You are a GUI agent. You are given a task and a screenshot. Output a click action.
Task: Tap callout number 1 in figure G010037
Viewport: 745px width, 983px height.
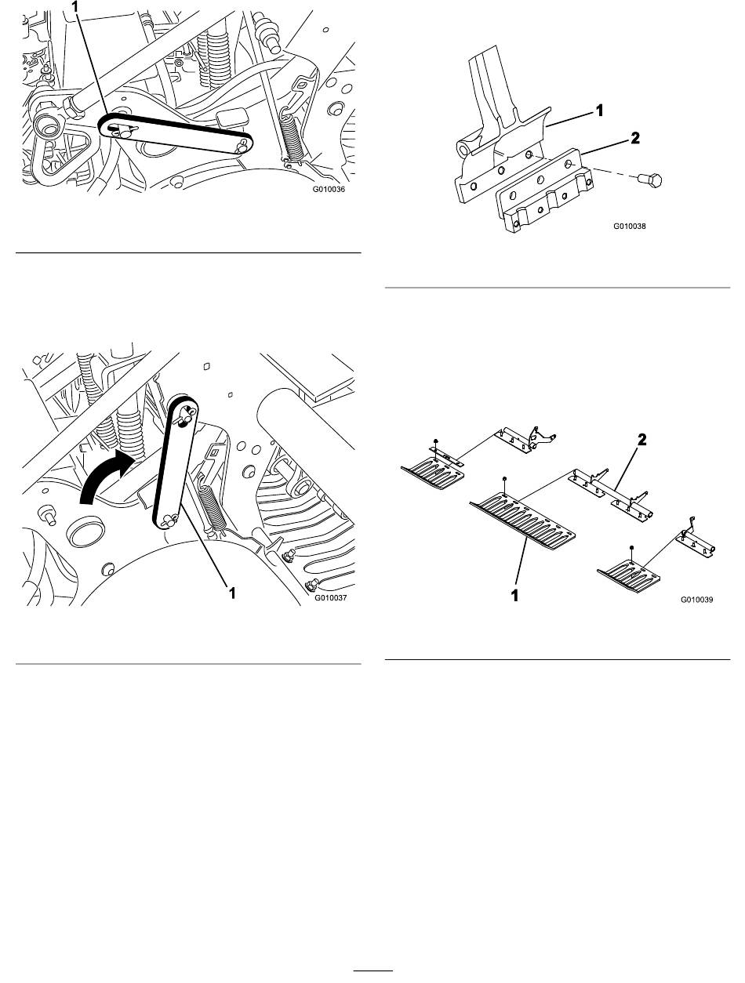click(x=231, y=593)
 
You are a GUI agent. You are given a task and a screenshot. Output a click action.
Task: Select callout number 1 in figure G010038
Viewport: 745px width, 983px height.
click(x=600, y=111)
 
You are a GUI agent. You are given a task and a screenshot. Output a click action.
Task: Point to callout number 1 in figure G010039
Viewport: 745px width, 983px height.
click(x=515, y=596)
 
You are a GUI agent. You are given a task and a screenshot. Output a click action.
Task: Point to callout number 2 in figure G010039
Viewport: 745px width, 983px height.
click(x=641, y=441)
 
